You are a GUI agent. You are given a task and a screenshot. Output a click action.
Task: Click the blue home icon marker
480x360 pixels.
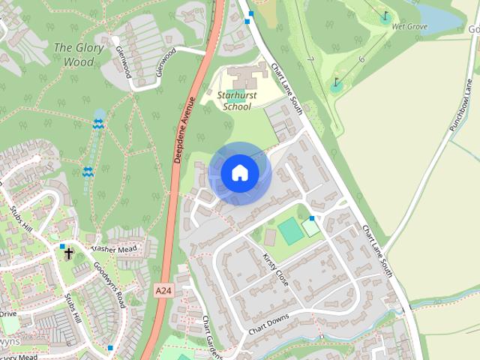pyautogui.click(x=239, y=173)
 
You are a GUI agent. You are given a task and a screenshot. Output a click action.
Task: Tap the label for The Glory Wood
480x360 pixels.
pyautogui.click(x=74, y=55)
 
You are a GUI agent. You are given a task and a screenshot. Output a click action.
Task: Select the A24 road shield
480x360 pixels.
pyautogui.click(x=164, y=289)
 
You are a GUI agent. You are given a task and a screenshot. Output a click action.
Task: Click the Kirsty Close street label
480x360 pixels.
pyautogui.click(x=275, y=268)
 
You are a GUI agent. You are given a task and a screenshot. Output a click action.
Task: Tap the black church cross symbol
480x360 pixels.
pyautogui.click(x=68, y=253)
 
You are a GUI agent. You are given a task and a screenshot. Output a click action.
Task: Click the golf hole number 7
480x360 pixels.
pyautogui.click(x=310, y=59)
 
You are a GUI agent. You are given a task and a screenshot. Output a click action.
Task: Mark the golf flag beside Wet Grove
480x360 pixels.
pyautogui.click(x=385, y=17)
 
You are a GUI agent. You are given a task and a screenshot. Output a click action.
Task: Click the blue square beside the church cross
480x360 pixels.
pyautogui.click(x=62, y=246)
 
